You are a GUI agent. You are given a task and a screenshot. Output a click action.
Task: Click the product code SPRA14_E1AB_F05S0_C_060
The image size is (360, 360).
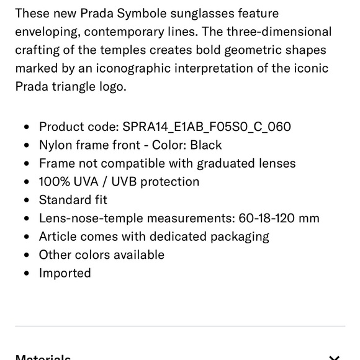click(207, 127)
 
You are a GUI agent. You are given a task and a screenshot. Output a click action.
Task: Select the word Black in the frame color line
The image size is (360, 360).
click(205, 145)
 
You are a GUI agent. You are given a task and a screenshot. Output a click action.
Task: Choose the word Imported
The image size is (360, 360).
click(65, 273)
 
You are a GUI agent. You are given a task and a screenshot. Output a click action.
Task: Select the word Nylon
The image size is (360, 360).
click(56, 145)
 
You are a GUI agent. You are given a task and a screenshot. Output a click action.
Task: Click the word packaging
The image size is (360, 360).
click(238, 236)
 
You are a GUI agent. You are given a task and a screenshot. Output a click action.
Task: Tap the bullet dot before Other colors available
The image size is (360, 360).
click(26, 255)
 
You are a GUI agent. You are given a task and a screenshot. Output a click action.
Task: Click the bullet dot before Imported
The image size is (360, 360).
click(26, 273)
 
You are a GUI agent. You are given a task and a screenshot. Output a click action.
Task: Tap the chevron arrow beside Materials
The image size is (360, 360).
click(334, 358)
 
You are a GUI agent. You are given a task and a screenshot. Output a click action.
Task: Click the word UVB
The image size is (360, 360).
click(132, 182)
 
